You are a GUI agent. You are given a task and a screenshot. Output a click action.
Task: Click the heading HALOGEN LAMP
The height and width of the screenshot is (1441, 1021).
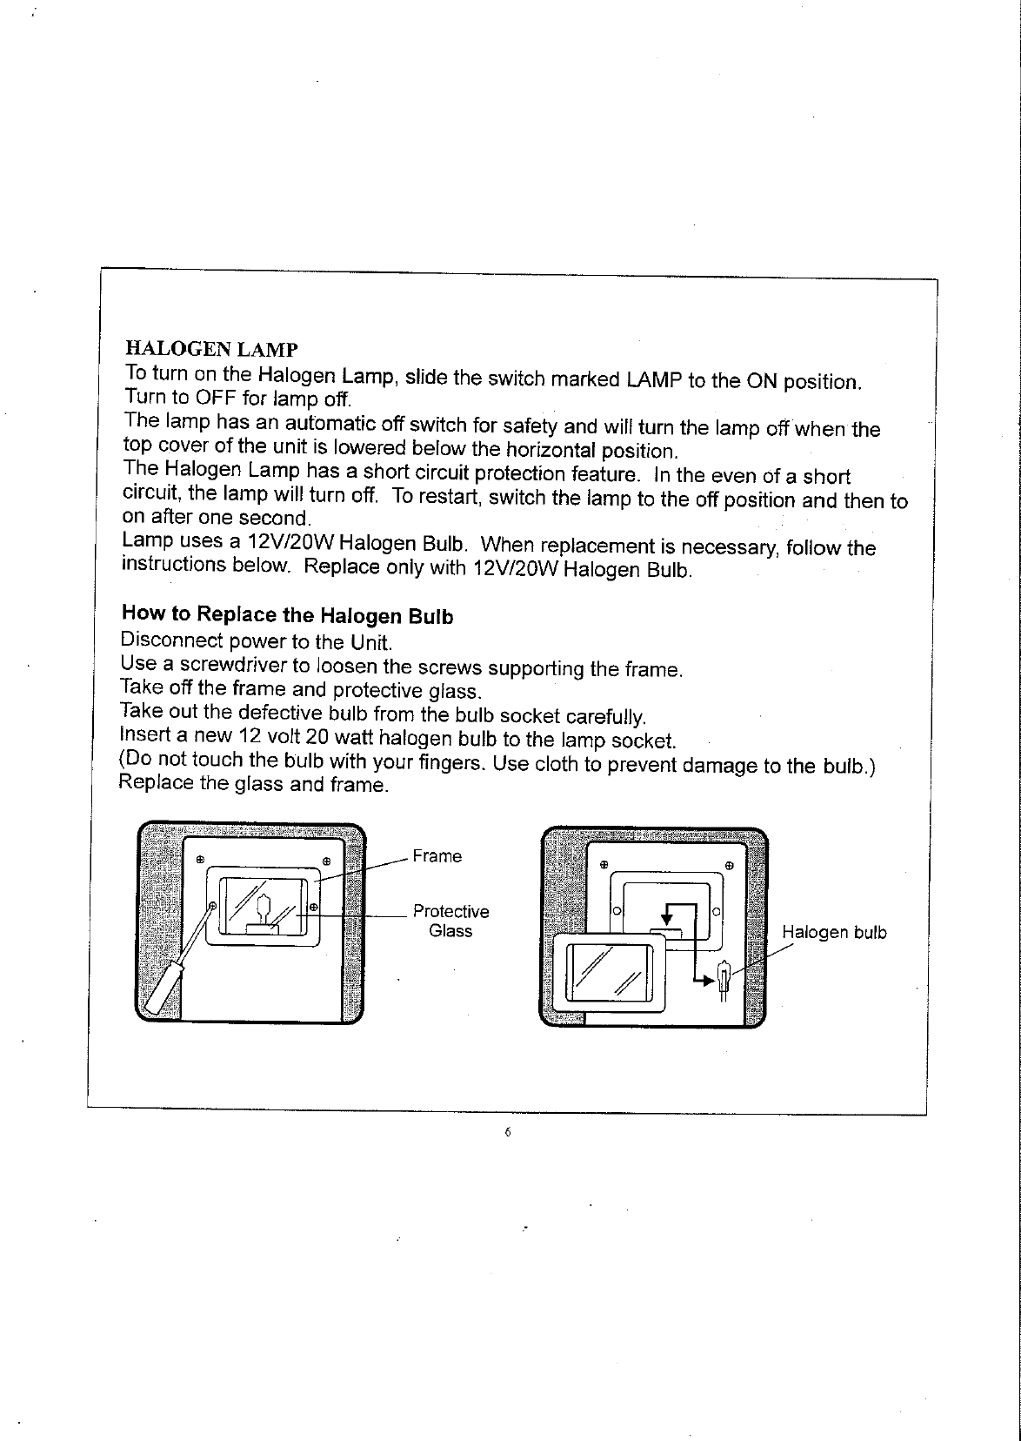pyautogui.click(x=211, y=350)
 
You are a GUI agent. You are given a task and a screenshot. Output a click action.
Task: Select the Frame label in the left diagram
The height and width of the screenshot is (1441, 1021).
pyautogui.click(x=437, y=856)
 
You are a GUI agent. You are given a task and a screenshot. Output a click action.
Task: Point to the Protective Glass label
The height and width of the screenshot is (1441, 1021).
pyautogui.click(x=450, y=921)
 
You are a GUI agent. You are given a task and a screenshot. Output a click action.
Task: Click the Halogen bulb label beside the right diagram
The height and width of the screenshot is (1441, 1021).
pyautogui.click(x=834, y=933)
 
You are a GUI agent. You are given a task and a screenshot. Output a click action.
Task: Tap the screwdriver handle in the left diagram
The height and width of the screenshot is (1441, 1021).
pyautogui.click(x=161, y=988)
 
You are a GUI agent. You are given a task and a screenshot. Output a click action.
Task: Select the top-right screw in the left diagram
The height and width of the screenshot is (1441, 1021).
pyautogui.click(x=327, y=861)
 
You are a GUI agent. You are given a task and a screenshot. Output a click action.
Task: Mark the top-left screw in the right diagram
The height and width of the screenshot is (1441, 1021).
pyautogui.click(x=603, y=867)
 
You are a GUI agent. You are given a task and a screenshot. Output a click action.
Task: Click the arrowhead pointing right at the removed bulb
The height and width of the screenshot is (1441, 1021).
pyautogui.click(x=708, y=981)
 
